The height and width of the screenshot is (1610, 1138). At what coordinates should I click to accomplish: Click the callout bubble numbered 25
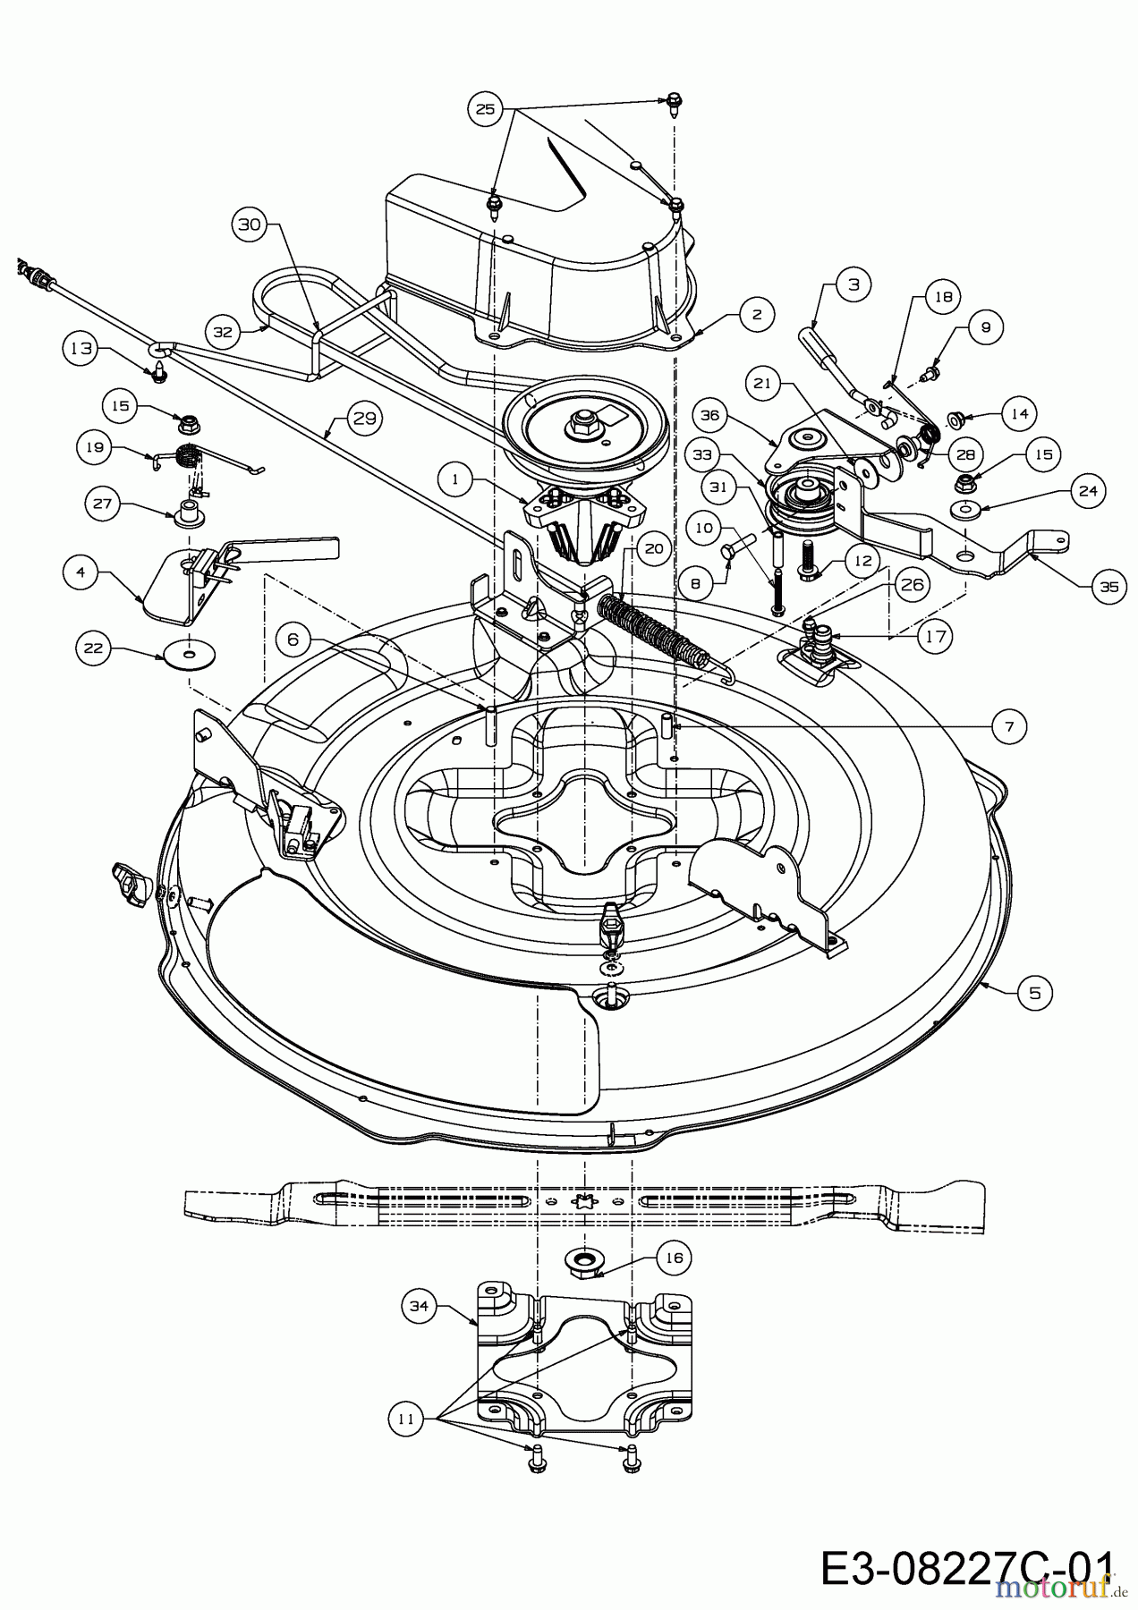click(485, 109)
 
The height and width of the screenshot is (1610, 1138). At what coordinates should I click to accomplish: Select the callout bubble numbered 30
click(251, 225)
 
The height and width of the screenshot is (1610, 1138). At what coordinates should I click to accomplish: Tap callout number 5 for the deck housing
click(1035, 992)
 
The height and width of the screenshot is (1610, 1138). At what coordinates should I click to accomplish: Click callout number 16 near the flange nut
click(674, 1258)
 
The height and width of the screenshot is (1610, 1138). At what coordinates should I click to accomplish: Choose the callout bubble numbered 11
click(405, 1418)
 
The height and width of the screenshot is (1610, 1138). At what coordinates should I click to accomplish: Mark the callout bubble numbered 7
click(1009, 727)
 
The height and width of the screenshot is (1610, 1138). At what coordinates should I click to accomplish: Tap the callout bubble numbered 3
click(853, 285)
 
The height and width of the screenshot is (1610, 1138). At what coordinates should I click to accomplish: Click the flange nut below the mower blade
click(582, 1260)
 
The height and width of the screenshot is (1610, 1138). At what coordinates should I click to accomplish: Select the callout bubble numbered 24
click(1087, 490)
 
